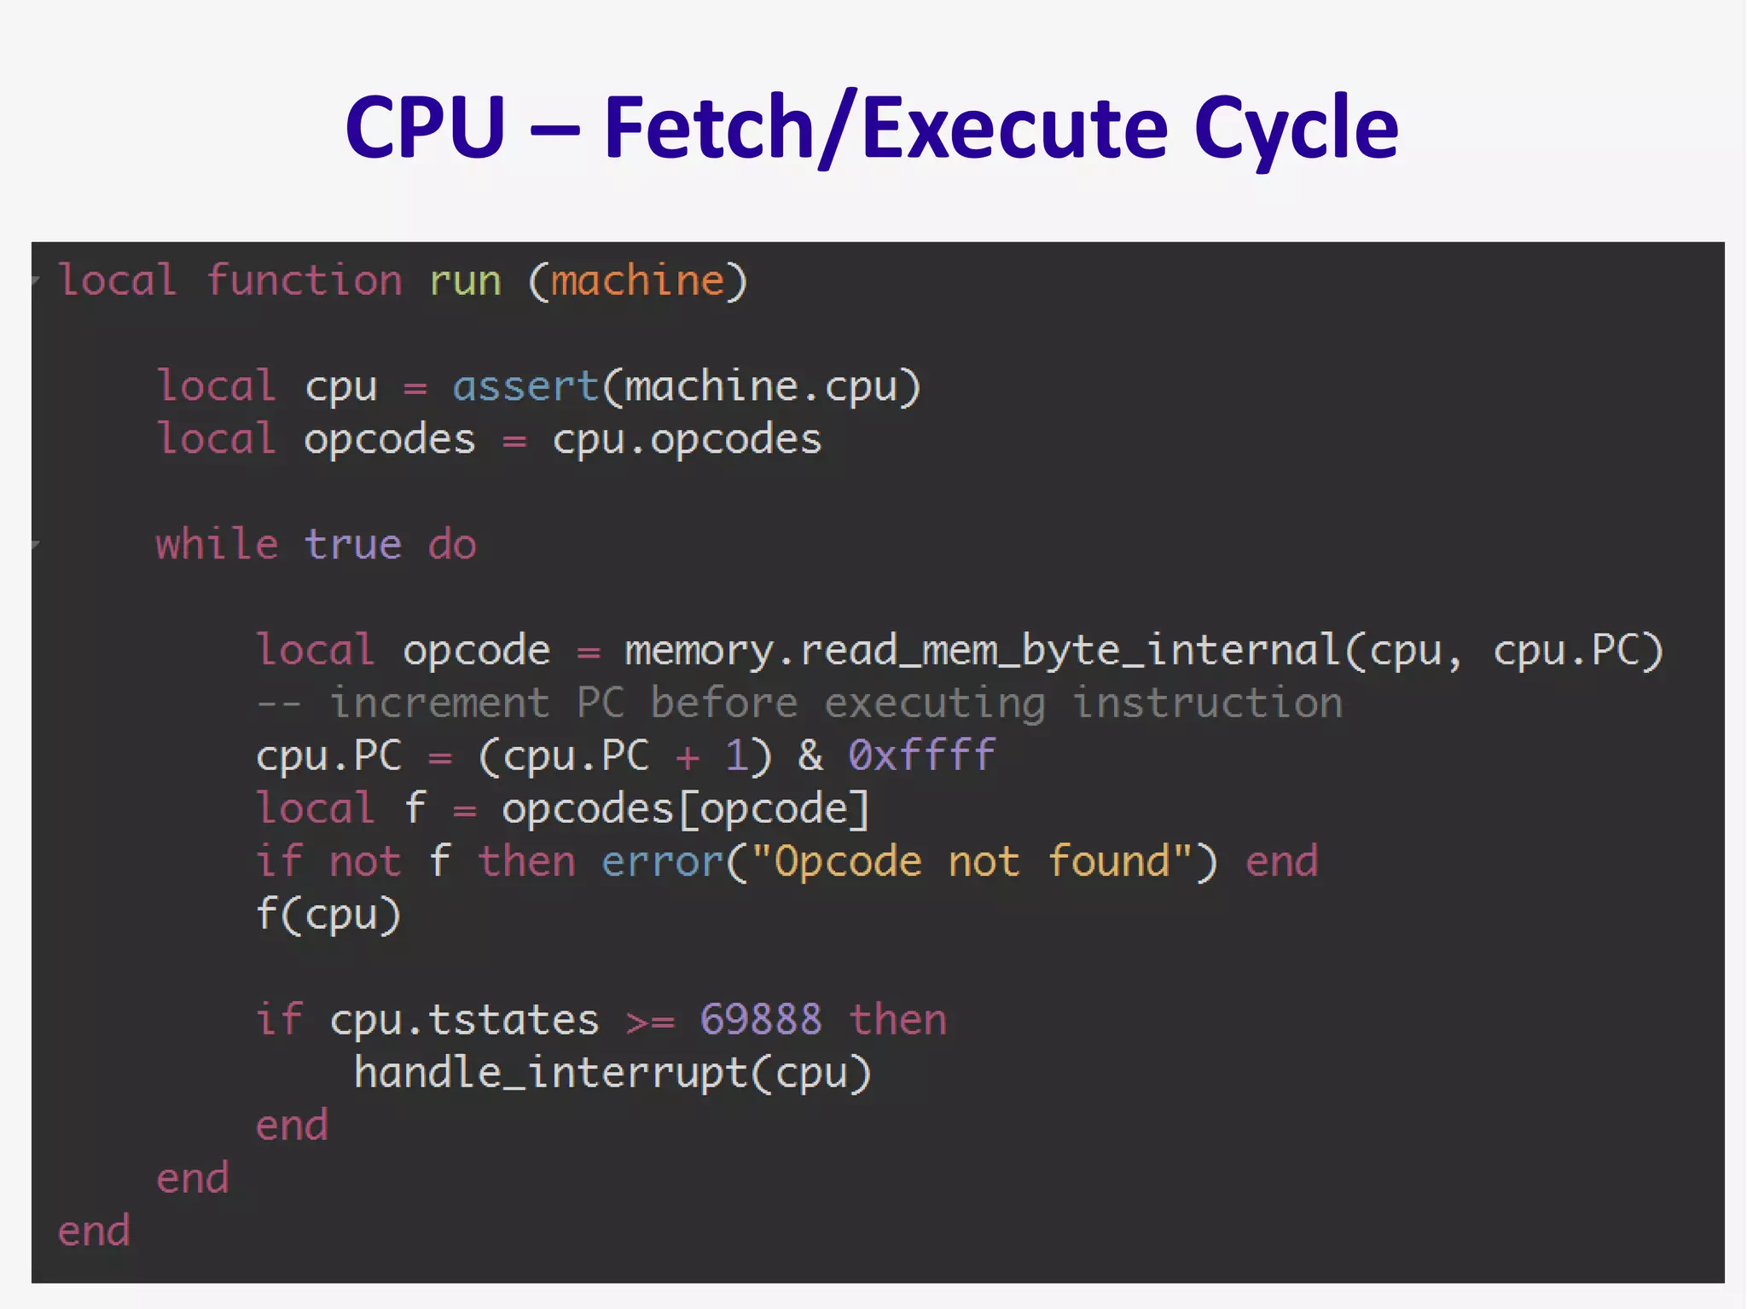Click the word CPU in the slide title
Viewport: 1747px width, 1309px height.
(x=425, y=128)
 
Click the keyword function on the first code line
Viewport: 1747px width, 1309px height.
(x=304, y=281)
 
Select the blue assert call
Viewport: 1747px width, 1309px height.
(x=525, y=387)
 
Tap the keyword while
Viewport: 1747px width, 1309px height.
(x=217, y=544)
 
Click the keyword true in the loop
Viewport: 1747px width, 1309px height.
(x=352, y=544)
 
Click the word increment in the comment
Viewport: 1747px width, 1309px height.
(x=439, y=704)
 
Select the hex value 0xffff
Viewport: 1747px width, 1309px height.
(x=921, y=756)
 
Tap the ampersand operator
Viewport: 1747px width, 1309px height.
(x=810, y=756)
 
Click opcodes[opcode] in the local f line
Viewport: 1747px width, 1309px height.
(x=685, y=808)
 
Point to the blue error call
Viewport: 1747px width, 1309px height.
(x=662, y=861)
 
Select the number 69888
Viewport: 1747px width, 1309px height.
(x=761, y=1020)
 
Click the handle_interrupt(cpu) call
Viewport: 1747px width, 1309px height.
(x=612, y=1073)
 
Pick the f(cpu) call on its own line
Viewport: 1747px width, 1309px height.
(x=328, y=914)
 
